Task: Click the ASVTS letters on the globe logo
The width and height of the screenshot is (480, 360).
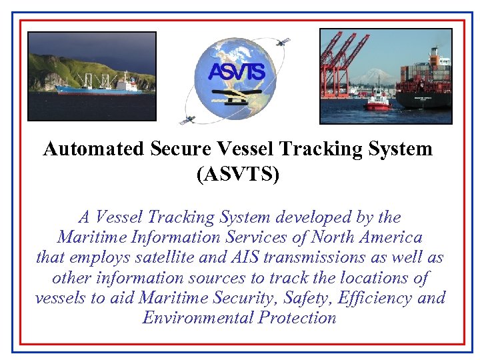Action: tap(237, 71)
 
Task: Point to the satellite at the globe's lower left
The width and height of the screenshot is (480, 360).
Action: tap(188, 120)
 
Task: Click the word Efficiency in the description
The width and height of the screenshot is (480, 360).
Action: tap(375, 297)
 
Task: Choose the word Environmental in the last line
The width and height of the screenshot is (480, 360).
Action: tap(197, 317)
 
